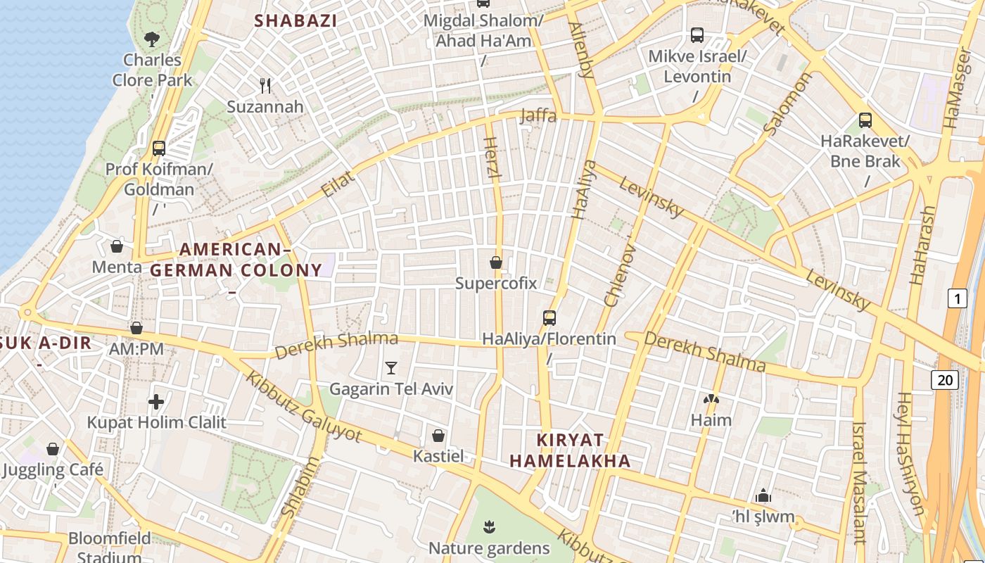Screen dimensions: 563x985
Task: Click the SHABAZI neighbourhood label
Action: coord(295,21)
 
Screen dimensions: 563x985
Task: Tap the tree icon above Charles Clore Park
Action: coord(151,39)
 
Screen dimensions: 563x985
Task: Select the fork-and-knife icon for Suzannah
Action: coord(265,86)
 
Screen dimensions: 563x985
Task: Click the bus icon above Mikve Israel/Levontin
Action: coord(697,34)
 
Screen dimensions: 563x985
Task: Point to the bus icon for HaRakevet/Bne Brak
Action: coord(865,120)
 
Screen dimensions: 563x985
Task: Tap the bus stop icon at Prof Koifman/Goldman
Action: coord(159,148)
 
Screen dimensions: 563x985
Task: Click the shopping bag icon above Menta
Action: coord(117,246)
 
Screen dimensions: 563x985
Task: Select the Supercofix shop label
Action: coord(496,284)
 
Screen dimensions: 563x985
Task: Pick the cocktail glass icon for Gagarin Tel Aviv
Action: coord(391,367)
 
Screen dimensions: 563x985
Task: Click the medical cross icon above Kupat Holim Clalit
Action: coord(156,402)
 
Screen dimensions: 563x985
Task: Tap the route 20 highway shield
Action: coord(945,380)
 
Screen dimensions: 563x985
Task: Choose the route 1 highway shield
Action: coord(957,298)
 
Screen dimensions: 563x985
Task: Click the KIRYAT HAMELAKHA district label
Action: coord(570,450)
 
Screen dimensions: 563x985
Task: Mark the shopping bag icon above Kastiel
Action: coord(438,436)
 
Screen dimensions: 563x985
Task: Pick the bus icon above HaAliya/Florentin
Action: coord(549,318)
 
